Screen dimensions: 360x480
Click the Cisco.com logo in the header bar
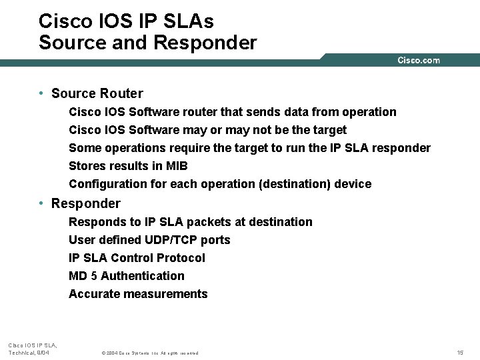coord(418,61)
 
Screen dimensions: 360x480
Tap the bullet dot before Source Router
coord(41,93)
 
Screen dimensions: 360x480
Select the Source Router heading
coord(97,94)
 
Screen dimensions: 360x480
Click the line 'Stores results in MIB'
coord(128,166)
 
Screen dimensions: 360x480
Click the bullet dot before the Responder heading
coord(41,203)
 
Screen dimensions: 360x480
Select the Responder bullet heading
coord(85,204)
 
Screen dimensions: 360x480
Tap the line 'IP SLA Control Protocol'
coord(137,258)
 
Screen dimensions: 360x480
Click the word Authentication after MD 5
coord(142,276)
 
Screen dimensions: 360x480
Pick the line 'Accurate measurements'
coord(138,294)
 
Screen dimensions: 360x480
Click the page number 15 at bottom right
coord(460,352)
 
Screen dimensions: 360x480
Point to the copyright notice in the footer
coord(149,353)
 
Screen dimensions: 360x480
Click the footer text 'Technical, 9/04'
coord(28,352)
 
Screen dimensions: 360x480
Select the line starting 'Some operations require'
coord(249,148)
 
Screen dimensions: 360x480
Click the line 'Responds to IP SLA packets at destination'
coord(190,222)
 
